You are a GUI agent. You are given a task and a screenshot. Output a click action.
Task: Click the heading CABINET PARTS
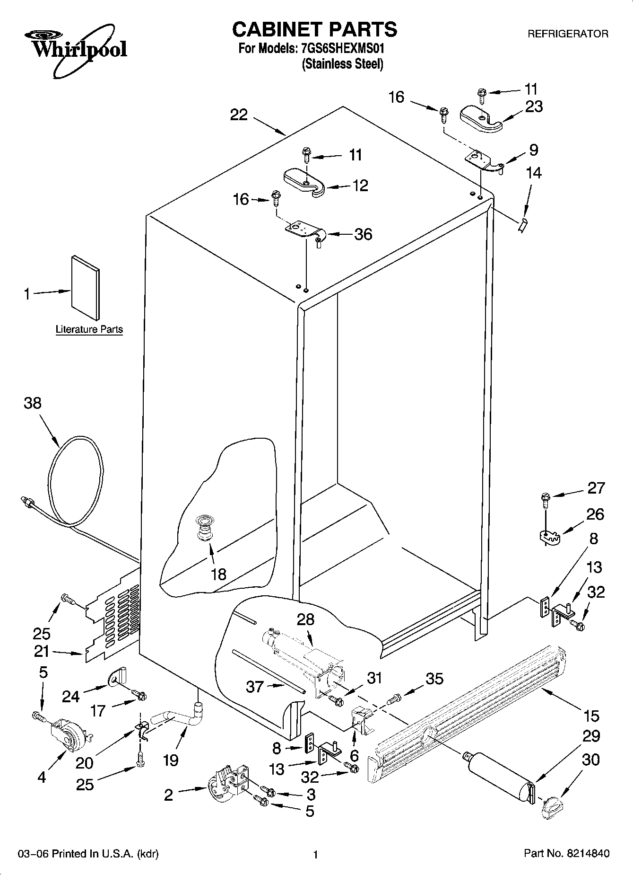pos(314,29)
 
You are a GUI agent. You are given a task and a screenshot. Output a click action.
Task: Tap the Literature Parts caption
pos(89,329)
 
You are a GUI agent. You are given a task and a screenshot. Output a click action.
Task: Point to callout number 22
pos(239,115)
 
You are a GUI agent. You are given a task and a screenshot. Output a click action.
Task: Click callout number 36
pos(363,234)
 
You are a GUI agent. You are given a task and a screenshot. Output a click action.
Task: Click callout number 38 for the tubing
pos(33,403)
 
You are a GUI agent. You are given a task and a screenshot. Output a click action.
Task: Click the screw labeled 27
pos(545,498)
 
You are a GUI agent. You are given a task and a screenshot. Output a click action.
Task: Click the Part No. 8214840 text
pos(566,854)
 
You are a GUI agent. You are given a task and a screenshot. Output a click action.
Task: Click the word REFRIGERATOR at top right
pos(567,34)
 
